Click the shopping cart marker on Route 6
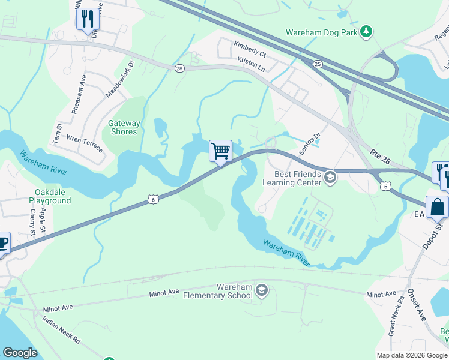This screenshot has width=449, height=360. tap(220, 151)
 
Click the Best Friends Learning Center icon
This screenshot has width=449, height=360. tap(330, 177)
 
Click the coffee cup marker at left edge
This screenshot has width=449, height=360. tap(2, 243)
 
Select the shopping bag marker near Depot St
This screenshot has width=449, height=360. tap(437, 207)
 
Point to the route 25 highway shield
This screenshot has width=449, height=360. tap(318, 64)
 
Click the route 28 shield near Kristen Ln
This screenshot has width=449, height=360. tap(179, 69)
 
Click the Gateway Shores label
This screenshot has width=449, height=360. tap(124, 127)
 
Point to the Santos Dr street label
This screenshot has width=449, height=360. tap(310, 143)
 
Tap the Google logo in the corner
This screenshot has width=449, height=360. tap(20, 353)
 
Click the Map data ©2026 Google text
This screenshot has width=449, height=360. tap(412, 355)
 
